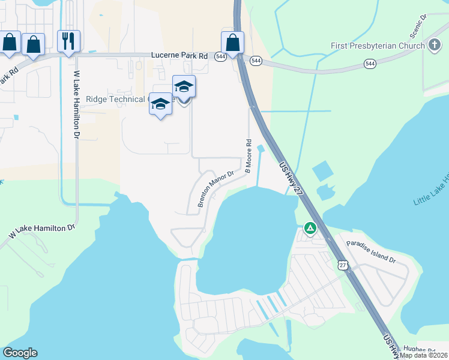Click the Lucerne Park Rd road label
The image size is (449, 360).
coord(179,56)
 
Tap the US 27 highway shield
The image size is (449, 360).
coord(342,265)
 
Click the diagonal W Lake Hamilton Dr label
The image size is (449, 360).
coord(42,232)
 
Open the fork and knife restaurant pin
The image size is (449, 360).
coord(68,41)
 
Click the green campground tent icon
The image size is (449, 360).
coord(310,228)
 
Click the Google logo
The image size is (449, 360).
coord(20,353)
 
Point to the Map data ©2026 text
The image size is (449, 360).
coord(424,355)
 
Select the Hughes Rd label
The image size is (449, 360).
coord(418,349)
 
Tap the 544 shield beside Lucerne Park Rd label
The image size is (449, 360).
coord(220,56)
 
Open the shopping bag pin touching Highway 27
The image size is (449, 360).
coord(232,43)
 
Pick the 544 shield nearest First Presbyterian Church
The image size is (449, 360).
coord(370,63)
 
